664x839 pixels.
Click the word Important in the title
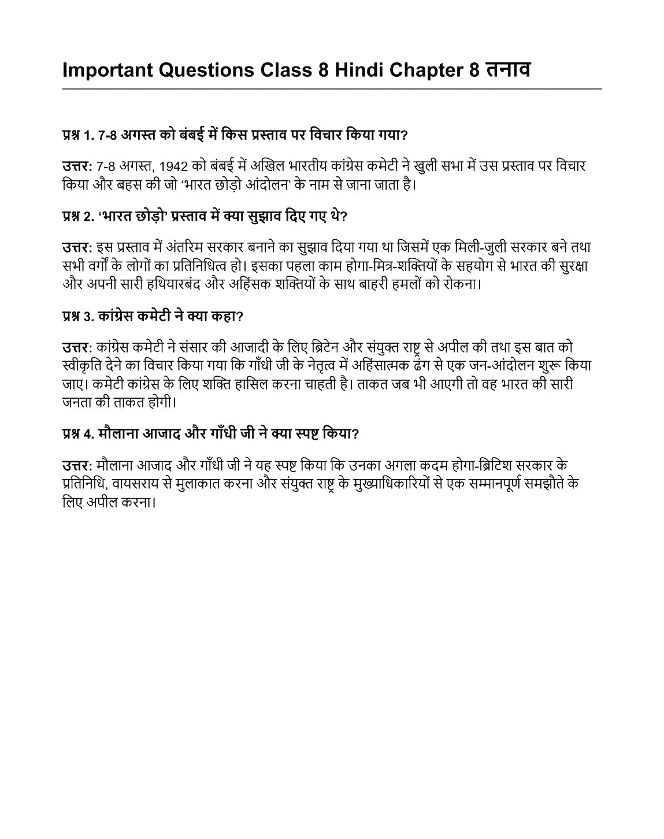107,70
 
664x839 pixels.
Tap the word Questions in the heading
206,70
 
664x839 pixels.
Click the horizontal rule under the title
332,88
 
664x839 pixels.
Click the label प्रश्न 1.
78,135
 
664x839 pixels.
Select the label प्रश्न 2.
78,217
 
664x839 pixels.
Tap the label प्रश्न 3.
78,316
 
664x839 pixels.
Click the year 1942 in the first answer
173,167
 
